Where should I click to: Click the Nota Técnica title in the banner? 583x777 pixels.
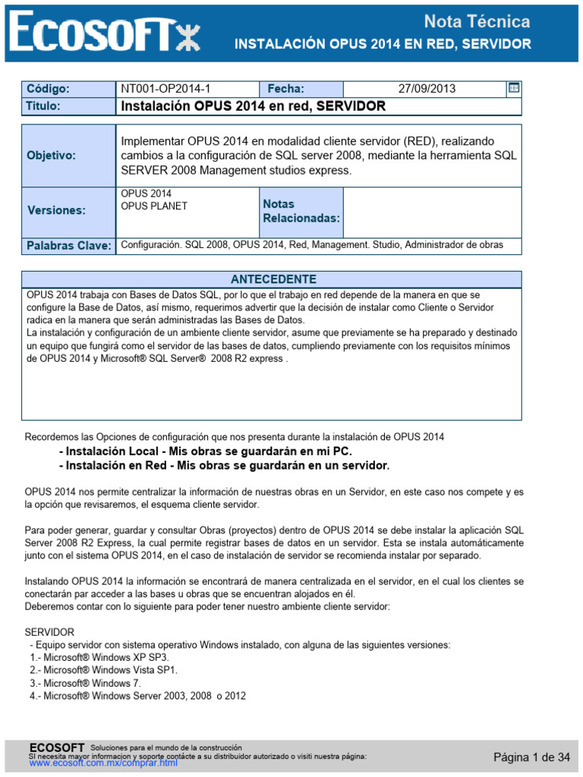coord(476,21)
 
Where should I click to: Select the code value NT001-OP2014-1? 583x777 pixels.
coord(161,89)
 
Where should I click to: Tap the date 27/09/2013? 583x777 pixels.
coord(427,89)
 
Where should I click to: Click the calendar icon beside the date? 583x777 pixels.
coord(514,88)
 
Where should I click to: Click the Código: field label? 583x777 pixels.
coord(48,89)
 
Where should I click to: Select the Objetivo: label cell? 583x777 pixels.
coord(51,156)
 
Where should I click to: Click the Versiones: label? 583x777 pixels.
coord(56,210)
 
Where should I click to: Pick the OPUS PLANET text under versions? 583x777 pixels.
coord(154,206)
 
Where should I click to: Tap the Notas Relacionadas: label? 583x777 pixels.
coord(301,212)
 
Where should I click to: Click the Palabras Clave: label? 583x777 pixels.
coord(68,246)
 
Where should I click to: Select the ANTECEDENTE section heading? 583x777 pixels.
coord(273,279)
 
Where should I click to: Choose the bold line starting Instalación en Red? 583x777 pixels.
coord(223,465)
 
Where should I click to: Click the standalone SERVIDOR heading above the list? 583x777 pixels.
coord(50,632)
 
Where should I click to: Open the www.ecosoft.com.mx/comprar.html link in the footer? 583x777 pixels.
coord(103,763)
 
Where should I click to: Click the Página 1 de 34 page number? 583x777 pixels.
coord(531,757)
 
